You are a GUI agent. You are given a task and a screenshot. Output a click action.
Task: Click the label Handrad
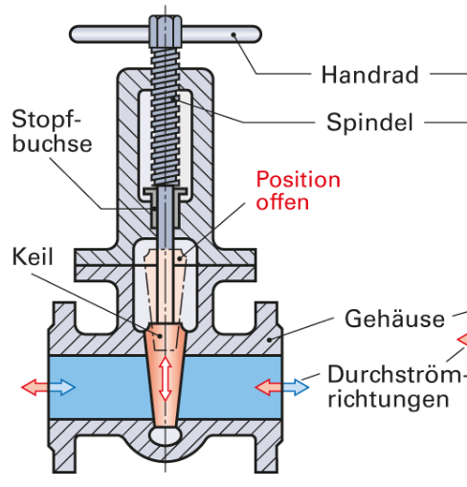pyautogui.click(x=369, y=75)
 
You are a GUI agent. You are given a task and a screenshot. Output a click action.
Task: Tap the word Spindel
pyautogui.click(x=369, y=122)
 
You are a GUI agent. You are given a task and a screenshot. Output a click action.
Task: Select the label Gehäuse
pyautogui.click(x=394, y=318)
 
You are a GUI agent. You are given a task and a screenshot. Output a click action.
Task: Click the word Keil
pyautogui.click(x=33, y=256)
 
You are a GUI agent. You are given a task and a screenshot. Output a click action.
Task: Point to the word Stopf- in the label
pyautogui.click(x=46, y=120)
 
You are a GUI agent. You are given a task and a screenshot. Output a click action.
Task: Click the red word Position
pyautogui.click(x=299, y=180)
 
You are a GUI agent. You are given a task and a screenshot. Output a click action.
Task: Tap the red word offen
pyautogui.click(x=282, y=202)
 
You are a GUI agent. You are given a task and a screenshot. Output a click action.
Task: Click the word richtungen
pyautogui.click(x=389, y=399)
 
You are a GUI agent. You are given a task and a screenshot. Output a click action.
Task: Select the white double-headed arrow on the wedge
pyautogui.click(x=166, y=379)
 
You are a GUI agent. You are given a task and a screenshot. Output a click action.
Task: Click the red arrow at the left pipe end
pyautogui.click(x=33, y=387)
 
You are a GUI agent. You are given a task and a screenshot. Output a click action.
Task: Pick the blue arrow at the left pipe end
pyautogui.click(x=62, y=387)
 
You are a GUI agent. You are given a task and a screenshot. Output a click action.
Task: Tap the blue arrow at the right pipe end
pyautogui.click(x=296, y=387)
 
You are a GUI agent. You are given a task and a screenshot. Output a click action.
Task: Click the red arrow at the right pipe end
pyautogui.click(x=268, y=387)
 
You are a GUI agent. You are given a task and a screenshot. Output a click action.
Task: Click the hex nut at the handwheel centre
pyautogui.click(x=166, y=31)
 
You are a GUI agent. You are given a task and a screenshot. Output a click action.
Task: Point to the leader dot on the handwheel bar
pyautogui.click(x=233, y=34)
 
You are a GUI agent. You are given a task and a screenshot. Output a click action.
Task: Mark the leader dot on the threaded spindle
pyautogui.click(x=173, y=99)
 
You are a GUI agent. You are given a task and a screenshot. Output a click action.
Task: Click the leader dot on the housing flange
pyautogui.click(x=270, y=340)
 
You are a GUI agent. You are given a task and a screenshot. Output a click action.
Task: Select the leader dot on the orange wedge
pyautogui.click(x=160, y=336)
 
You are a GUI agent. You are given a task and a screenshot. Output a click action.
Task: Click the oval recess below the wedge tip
pyautogui.click(x=166, y=435)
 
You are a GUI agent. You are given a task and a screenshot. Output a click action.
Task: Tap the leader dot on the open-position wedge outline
pyautogui.click(x=180, y=258)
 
